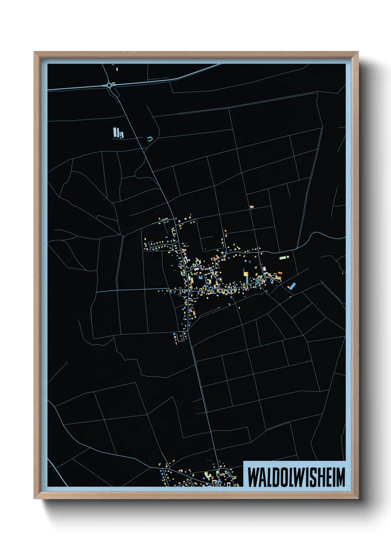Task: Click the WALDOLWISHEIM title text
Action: tap(296, 477)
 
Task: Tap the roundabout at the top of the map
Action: tap(110, 85)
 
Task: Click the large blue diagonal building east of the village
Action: tap(292, 286)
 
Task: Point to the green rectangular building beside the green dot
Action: tap(282, 257)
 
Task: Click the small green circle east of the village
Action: tap(288, 256)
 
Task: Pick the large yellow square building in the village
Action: tap(245, 274)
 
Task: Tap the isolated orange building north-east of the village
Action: tap(252, 207)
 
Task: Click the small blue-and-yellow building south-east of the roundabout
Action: tap(149, 139)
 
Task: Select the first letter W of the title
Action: tap(253, 477)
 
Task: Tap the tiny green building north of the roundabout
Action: tap(116, 69)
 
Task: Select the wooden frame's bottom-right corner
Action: tap(357, 498)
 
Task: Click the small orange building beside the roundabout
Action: tap(114, 82)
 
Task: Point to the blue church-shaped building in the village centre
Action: tap(200, 277)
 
